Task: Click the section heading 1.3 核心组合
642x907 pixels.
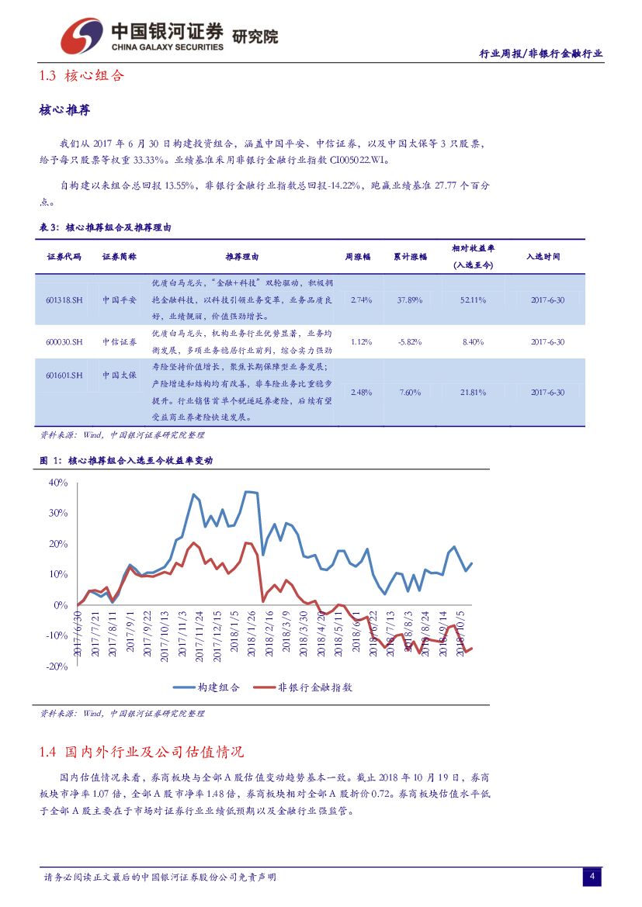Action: tap(81, 76)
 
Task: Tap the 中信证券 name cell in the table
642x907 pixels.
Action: tap(120, 341)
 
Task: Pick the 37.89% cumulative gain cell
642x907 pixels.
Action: tap(409, 299)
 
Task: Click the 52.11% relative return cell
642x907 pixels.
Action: tap(473, 299)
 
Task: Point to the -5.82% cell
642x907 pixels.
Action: tap(409, 341)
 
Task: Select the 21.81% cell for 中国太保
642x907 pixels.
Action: tap(473, 393)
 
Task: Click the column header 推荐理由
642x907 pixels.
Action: tap(242, 256)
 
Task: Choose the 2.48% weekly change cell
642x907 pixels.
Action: tap(362, 393)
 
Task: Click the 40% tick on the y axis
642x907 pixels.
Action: tap(58, 483)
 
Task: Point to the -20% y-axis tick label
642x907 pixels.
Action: tap(56, 666)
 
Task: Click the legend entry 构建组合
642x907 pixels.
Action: tap(206, 687)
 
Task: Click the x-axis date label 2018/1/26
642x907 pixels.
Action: tap(250, 632)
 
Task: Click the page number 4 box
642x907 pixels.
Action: tap(592, 877)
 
